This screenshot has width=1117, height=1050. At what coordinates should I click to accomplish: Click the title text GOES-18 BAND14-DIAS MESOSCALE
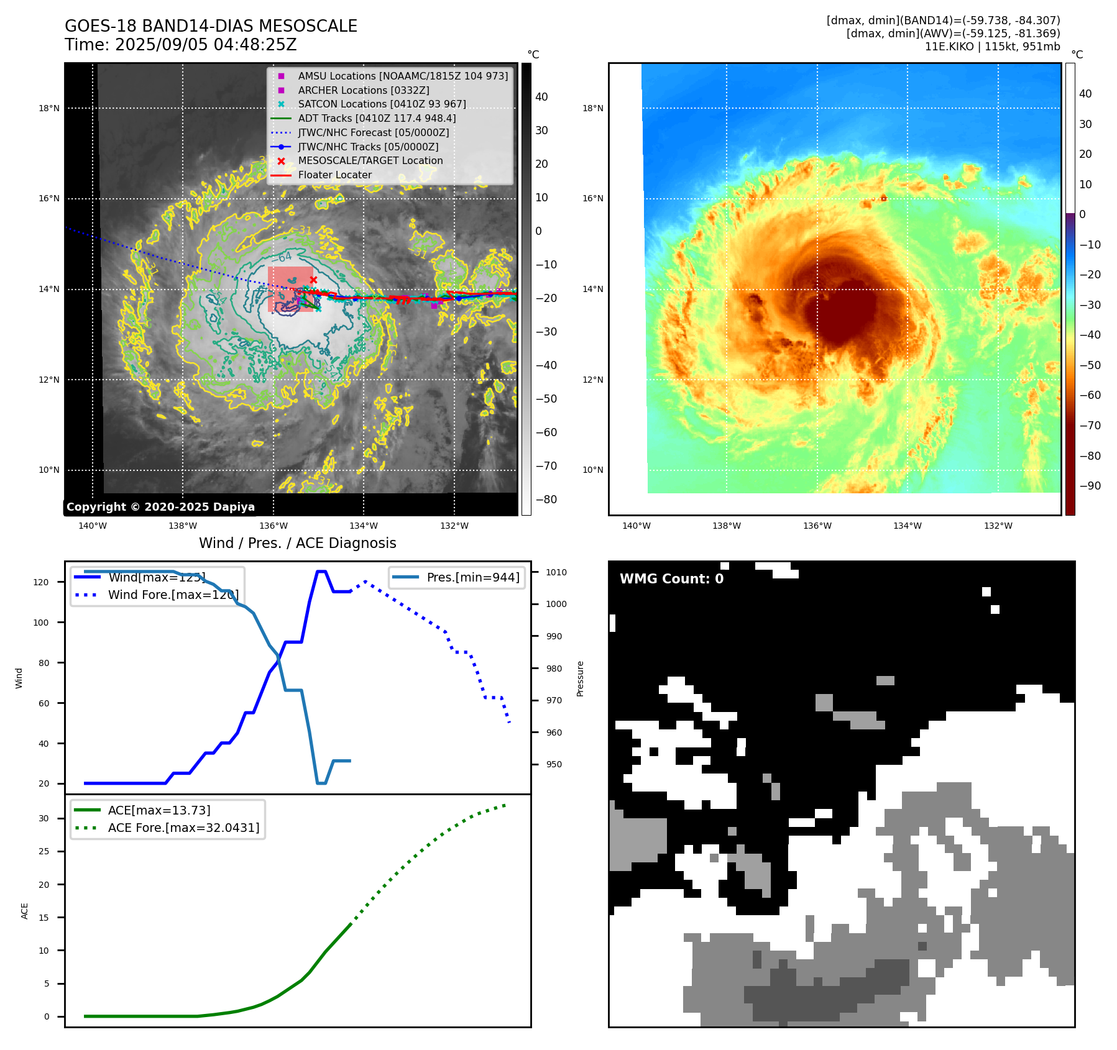point(211,26)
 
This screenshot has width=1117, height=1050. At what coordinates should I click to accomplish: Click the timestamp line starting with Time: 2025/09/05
point(180,45)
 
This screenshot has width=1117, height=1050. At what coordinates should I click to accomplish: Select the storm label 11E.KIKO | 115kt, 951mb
point(992,47)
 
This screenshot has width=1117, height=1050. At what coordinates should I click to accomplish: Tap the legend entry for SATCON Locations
point(381,104)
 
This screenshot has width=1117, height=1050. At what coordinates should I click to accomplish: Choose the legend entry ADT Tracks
point(376,118)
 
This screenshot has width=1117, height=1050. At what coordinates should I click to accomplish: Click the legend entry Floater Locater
point(334,175)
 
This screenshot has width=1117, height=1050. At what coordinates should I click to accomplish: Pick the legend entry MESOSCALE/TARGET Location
point(370,160)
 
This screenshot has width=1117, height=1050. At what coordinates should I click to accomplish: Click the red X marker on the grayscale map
point(313,280)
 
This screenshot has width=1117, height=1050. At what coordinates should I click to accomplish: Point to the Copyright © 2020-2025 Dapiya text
point(160,507)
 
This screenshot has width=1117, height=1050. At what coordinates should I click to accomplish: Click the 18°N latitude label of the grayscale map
point(49,108)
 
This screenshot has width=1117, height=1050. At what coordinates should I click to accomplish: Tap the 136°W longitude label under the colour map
point(817,526)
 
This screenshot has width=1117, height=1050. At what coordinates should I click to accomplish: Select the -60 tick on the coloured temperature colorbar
point(1090,395)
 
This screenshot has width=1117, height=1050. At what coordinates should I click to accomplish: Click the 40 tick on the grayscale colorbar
point(541,97)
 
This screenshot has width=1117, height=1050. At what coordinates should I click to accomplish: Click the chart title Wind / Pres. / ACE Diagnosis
point(297,543)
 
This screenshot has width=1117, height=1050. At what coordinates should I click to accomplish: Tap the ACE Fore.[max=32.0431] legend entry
point(183,828)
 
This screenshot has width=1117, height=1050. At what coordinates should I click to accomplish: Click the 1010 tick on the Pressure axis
point(556,572)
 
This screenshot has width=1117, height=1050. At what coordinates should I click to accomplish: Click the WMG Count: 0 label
point(671,579)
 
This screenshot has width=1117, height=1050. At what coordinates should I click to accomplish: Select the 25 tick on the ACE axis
point(44,851)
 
